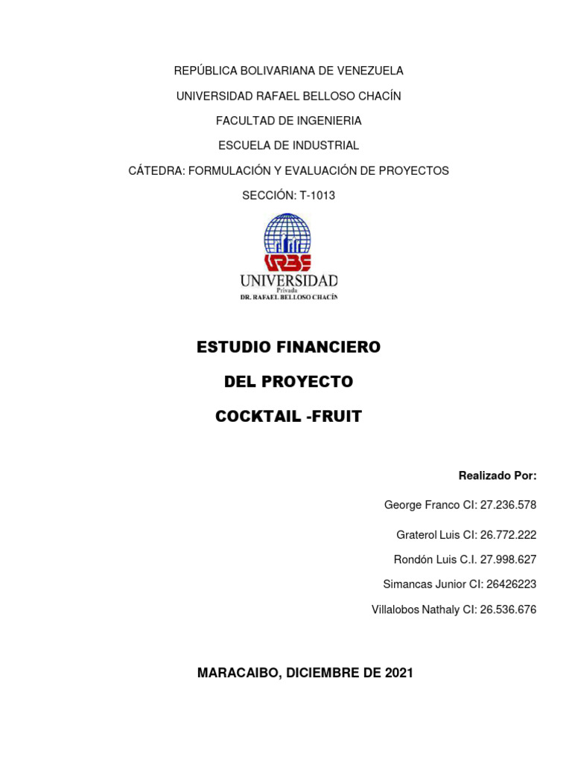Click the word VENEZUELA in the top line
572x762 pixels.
pyautogui.click(x=370, y=71)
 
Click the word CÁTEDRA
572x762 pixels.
pyautogui.click(x=156, y=170)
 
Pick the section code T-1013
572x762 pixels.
pyautogui.click(x=317, y=196)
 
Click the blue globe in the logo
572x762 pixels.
pyautogui.click(x=287, y=234)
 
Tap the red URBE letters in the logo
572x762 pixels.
pyautogui.click(x=287, y=262)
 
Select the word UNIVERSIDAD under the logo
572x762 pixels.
pyautogui.click(x=288, y=281)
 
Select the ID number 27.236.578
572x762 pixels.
pyautogui.click(x=508, y=505)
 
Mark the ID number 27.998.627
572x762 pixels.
pyautogui.click(x=508, y=560)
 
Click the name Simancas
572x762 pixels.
pyautogui.click(x=407, y=585)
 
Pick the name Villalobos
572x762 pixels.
pyautogui.click(x=398, y=610)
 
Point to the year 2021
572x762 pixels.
pyautogui.click(x=399, y=673)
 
